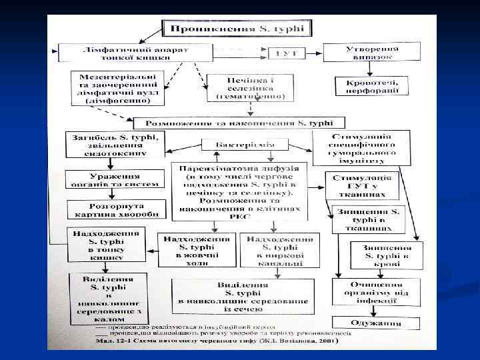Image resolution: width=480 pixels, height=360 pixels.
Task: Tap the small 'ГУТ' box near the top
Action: [x=281, y=52]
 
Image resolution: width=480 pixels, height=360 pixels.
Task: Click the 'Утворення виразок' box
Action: [x=372, y=52]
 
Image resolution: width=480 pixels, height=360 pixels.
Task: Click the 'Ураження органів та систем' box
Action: [x=114, y=179]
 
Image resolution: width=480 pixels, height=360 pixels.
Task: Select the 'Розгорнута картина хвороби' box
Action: [x=114, y=210]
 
